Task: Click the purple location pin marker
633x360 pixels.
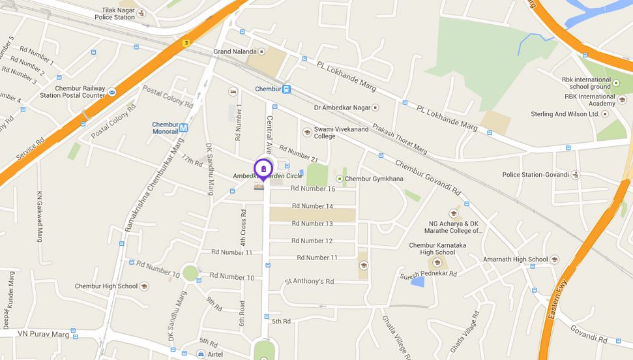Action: [x=263, y=170]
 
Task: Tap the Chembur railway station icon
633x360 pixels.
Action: [x=287, y=89]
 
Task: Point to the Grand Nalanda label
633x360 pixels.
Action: [x=235, y=52]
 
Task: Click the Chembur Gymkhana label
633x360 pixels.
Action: [x=374, y=179]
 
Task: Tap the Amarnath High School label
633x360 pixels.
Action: [x=515, y=260]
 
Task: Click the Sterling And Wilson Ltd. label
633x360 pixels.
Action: [x=565, y=114]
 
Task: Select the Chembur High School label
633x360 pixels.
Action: [x=106, y=286]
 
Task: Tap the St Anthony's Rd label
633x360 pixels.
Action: [x=309, y=282]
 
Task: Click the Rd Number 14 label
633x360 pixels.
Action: [x=312, y=206]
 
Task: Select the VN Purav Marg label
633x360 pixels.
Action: [x=43, y=334]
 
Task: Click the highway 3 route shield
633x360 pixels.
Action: [x=186, y=43]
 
